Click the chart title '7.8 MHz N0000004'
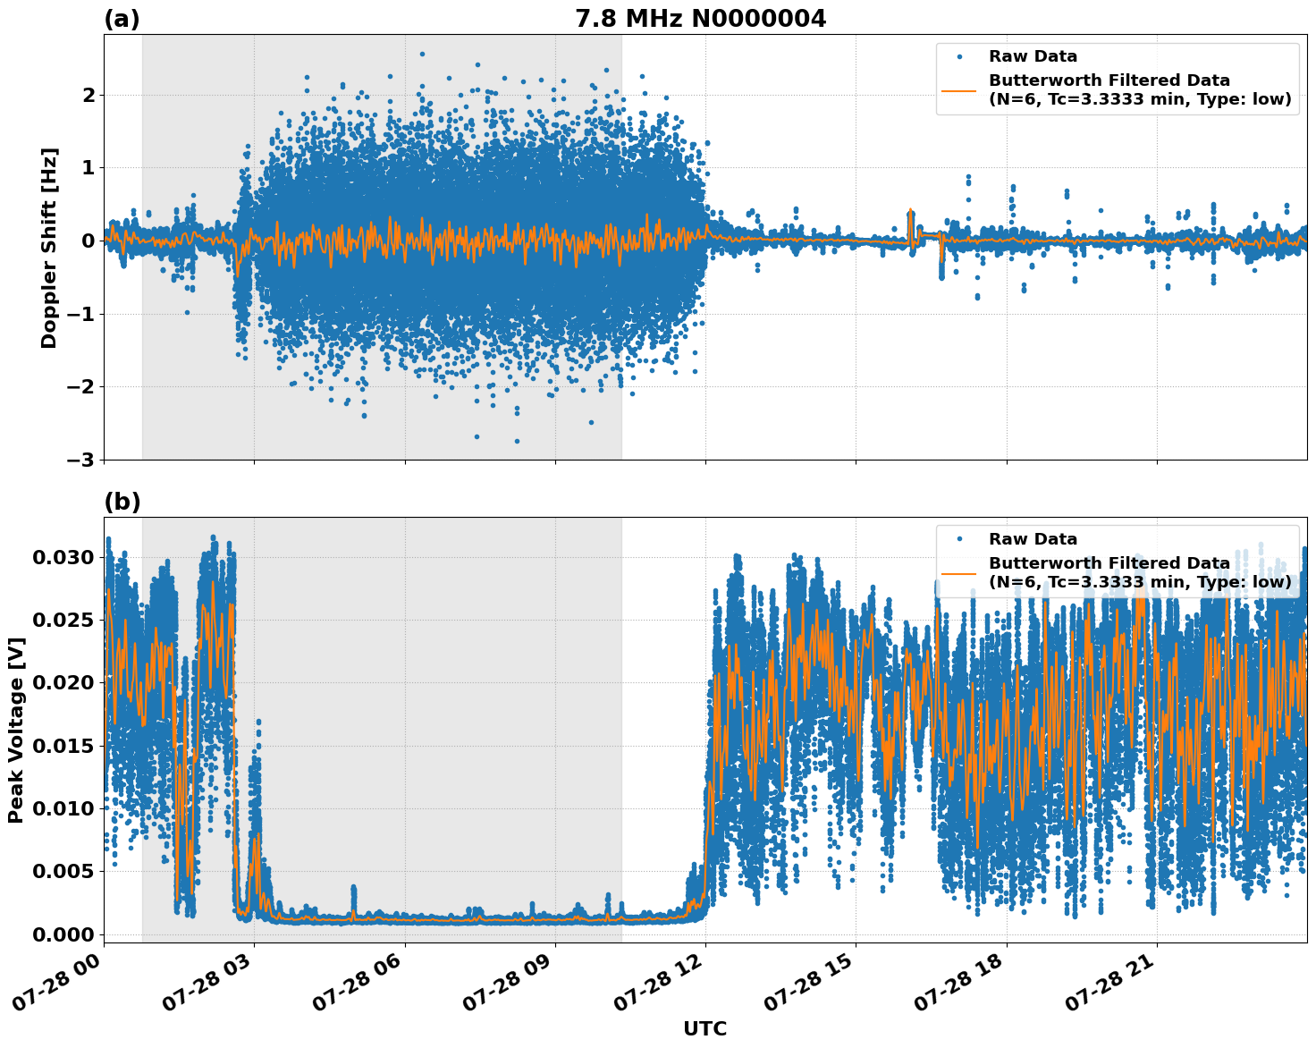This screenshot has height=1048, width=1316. click(x=700, y=19)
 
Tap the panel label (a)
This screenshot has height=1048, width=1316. click(x=122, y=19)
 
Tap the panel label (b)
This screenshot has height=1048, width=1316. click(x=122, y=502)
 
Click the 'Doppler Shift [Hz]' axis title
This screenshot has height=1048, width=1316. click(x=49, y=248)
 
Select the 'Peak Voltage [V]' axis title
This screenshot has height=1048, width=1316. click(x=15, y=730)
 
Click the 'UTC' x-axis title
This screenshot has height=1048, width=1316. click(x=704, y=1028)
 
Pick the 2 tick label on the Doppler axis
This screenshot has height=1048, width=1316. click(x=88, y=95)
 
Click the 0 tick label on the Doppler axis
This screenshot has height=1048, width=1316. click(x=88, y=241)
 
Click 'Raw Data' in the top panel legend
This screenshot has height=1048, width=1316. click(x=1033, y=56)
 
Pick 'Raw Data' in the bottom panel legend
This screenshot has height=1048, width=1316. click(x=1033, y=539)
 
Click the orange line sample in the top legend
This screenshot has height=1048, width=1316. click(x=959, y=90)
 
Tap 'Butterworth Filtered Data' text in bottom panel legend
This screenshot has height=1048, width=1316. click(x=1109, y=563)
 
